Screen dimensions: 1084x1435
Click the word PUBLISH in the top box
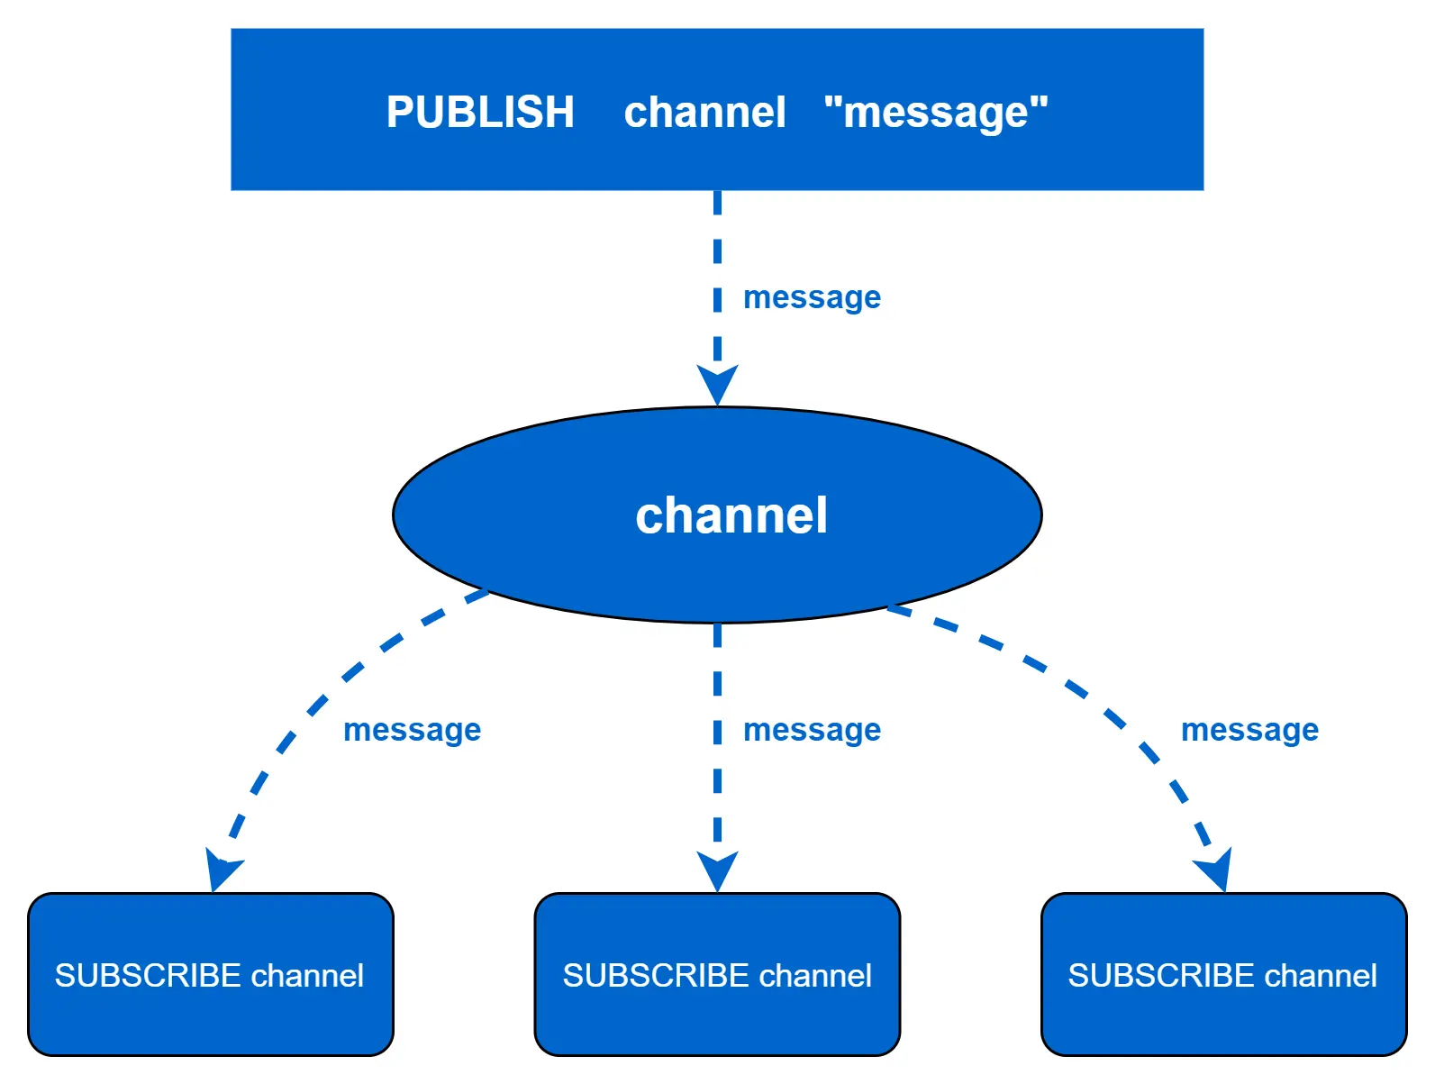(480, 113)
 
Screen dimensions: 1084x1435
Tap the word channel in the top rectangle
(704, 113)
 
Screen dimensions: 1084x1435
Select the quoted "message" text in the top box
(936, 113)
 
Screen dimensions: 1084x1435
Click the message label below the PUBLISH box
(812, 297)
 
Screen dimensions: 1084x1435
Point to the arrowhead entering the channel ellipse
(717, 385)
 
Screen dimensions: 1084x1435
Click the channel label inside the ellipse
(731, 515)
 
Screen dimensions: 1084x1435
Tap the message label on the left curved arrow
(412, 730)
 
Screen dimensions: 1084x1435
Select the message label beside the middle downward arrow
(812, 730)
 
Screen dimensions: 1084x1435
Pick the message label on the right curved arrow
(1249, 730)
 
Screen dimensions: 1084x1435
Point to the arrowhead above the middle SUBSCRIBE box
(717, 870)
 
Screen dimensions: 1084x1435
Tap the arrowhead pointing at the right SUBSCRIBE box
(1217, 870)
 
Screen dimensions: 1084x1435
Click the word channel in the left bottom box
(307, 976)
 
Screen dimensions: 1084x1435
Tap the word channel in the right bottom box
(1321, 976)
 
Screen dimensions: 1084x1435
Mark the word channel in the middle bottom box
(815, 976)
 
